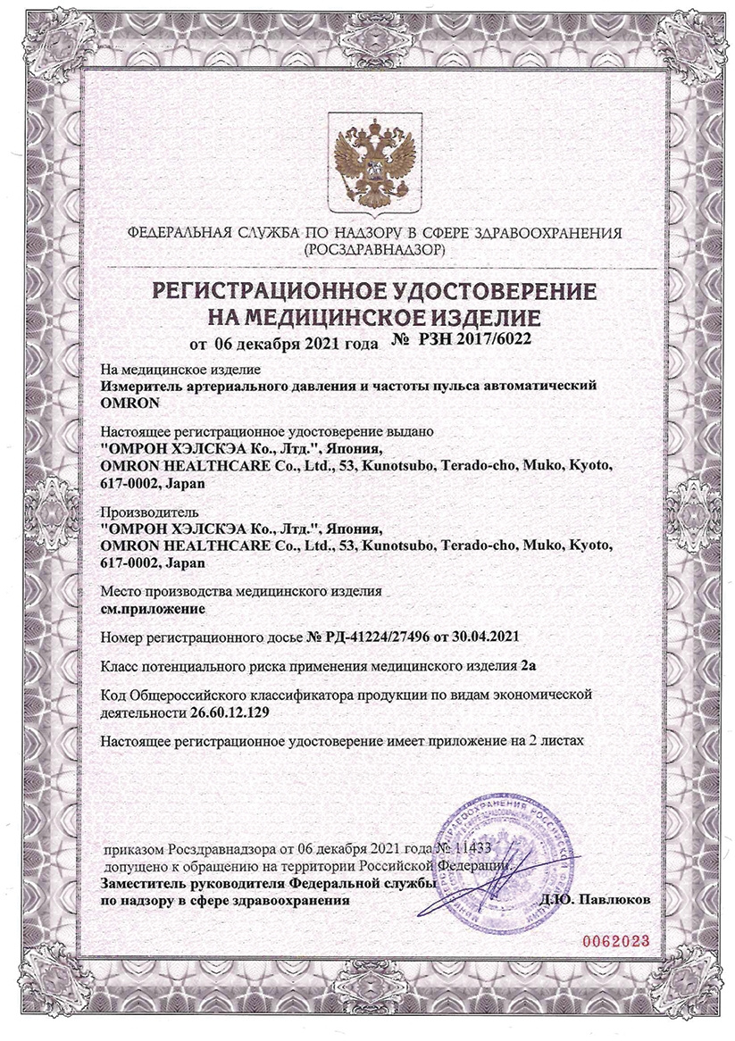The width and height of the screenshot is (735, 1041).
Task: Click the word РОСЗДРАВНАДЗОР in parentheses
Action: tap(373, 252)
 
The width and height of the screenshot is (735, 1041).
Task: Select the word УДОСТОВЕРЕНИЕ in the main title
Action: tap(483, 293)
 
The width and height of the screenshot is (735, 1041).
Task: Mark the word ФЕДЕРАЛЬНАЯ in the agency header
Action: tap(181, 234)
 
